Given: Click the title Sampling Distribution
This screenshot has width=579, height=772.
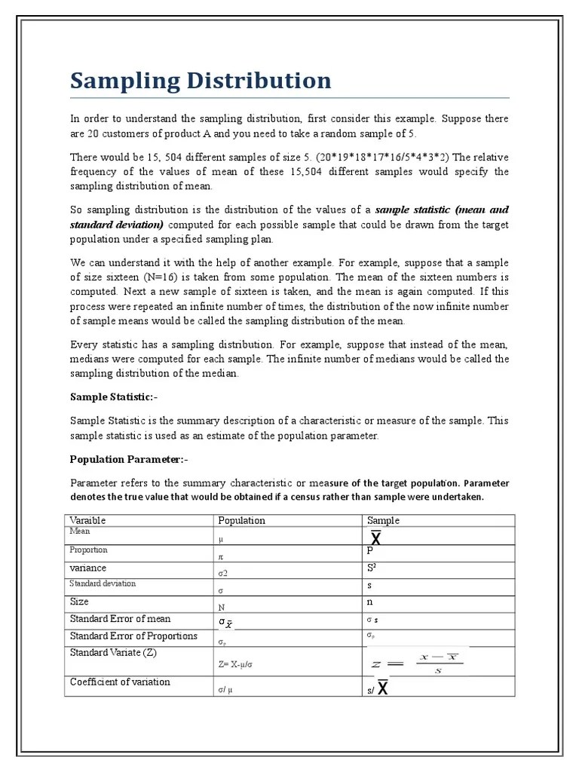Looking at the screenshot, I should tap(201, 81).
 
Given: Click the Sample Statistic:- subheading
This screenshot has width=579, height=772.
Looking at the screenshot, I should tap(114, 397).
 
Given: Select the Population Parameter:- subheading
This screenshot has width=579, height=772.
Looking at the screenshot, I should tap(127, 459).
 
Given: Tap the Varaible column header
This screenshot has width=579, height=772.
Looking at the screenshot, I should tap(87, 520).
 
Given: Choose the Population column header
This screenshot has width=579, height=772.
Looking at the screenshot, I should tap(241, 520).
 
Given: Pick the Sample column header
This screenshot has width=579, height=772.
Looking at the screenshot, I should tap(383, 520).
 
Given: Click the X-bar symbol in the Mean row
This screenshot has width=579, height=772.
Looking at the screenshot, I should tap(375, 538).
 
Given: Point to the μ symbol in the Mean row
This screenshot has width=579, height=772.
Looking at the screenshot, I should tap(221, 540).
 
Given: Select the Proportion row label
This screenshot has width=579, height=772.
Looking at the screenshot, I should tap(88, 550).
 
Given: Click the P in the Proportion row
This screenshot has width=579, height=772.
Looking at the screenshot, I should tap(370, 551).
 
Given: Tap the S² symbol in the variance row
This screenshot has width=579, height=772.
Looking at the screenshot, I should tap(373, 568).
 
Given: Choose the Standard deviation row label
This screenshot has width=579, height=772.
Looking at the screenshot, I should tap(103, 584).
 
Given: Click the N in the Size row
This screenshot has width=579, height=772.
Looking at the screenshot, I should tap(222, 607).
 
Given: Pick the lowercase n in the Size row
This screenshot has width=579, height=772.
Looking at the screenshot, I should tap(370, 602).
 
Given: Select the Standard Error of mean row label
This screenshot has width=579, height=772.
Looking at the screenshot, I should tap(120, 619).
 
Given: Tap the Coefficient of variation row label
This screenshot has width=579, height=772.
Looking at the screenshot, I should tap(120, 682).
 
